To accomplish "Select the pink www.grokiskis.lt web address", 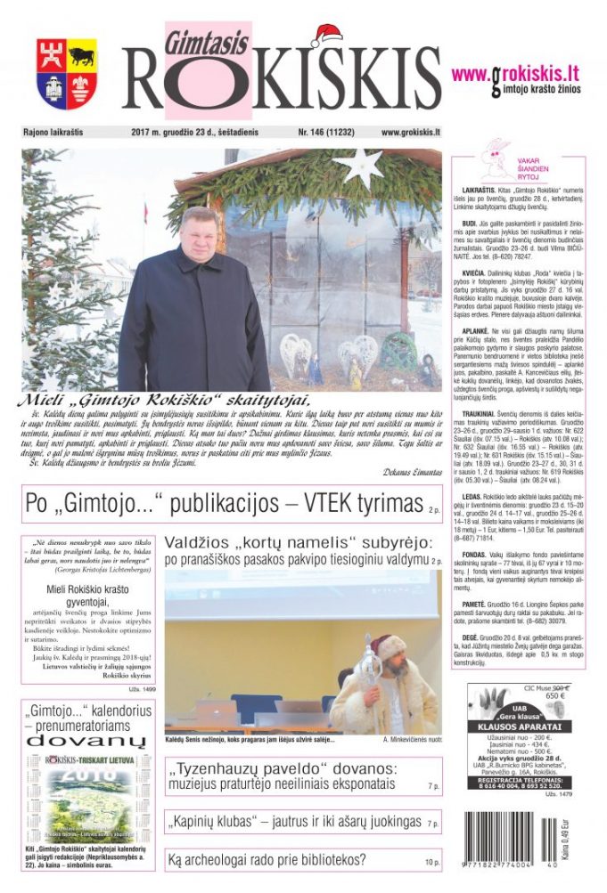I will (516, 74).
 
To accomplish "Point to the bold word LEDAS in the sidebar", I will (473, 495).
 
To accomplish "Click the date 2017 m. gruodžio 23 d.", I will (178, 132).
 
